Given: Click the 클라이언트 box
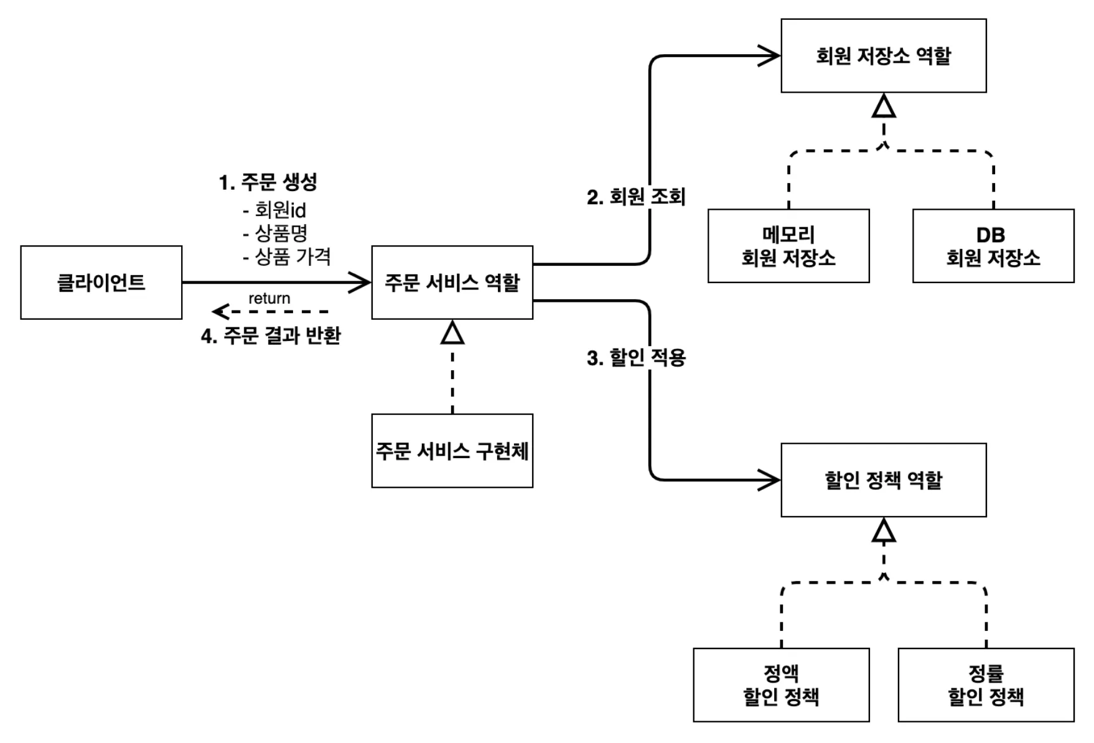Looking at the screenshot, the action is coord(101,283).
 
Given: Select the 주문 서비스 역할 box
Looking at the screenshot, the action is coord(452,283).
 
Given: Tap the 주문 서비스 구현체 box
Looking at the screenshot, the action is coord(452,451).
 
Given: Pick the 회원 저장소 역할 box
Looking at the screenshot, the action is coord(884,56).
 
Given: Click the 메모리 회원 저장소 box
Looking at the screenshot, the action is coord(788,246).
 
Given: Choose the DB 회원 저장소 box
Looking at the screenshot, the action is coord(993,246).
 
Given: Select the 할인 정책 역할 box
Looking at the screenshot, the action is coord(884,480).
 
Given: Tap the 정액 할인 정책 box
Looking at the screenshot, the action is coord(781,685).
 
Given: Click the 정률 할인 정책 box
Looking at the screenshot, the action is coord(986,685).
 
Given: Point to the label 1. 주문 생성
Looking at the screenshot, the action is coord(268,182).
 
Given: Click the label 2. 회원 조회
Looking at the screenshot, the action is coord(636,197).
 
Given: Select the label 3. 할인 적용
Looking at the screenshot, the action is coord(636,358).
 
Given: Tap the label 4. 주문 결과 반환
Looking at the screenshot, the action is coord(271,336).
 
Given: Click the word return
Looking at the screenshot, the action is coord(269,298).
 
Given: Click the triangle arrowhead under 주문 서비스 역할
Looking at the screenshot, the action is coord(452,333).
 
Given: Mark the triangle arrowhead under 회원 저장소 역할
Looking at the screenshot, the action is coord(884,106).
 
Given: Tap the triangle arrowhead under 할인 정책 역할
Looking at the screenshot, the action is coord(884,531).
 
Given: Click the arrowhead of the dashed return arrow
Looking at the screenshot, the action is coord(219,311).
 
